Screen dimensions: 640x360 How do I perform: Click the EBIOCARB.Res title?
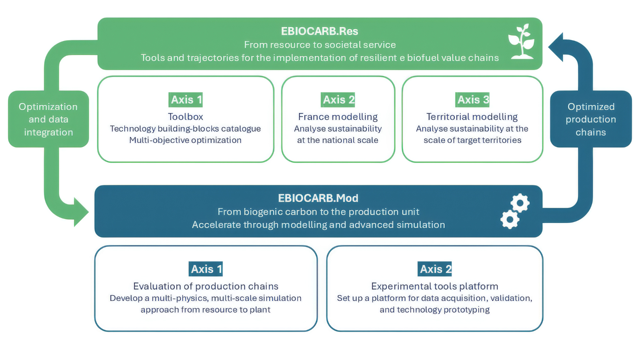[319, 31]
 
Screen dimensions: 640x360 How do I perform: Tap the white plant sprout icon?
[521, 41]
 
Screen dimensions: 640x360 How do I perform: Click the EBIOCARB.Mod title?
[318, 198]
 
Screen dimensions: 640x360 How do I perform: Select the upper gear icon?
[520, 203]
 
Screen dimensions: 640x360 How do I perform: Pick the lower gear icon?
[510, 219]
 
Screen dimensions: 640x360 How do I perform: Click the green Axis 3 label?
[472, 100]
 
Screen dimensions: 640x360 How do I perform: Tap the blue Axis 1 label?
[206, 269]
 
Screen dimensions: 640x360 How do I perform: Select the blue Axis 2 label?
[435, 269]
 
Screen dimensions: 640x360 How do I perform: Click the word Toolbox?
[185, 117]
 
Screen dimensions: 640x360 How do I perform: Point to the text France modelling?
[338, 117]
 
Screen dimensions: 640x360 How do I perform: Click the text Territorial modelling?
[472, 117]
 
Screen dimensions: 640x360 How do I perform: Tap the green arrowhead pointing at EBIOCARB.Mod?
[81, 212]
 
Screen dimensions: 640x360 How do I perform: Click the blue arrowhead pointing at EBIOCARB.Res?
[556, 47]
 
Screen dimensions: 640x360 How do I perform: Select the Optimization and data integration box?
[48, 119]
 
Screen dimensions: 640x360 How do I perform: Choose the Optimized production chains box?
[591, 119]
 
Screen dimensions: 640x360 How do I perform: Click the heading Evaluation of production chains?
[206, 286]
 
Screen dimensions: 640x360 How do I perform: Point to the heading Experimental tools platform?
[435, 286]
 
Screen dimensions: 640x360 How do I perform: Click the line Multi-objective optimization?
[185, 140]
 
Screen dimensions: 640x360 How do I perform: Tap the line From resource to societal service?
[320, 45]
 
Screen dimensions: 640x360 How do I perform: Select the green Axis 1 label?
[185, 100]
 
